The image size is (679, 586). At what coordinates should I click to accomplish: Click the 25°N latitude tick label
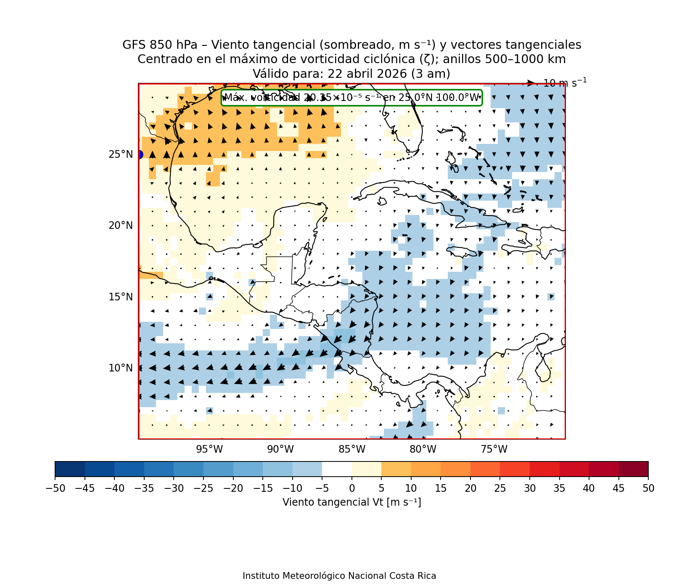pyautogui.click(x=121, y=155)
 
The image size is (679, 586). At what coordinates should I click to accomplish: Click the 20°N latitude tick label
pyautogui.click(x=121, y=226)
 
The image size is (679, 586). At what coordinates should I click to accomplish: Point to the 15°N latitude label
pyautogui.click(x=121, y=297)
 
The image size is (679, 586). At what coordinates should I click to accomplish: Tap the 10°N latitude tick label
pyautogui.click(x=121, y=368)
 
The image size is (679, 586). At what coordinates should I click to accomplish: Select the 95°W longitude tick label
pyautogui.click(x=209, y=450)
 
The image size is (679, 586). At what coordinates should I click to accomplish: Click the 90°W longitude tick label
pyautogui.click(x=280, y=450)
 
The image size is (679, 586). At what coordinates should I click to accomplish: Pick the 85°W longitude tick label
pyautogui.click(x=352, y=450)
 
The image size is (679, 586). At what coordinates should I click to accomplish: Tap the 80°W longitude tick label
pyautogui.click(x=423, y=450)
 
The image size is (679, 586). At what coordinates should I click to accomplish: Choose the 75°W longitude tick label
pyautogui.click(x=494, y=450)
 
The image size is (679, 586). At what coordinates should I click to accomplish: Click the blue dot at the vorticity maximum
pyautogui.click(x=140, y=155)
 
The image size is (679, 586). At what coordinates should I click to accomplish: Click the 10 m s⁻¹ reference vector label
pyautogui.click(x=565, y=83)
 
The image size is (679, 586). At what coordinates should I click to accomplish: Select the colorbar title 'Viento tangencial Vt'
pyautogui.click(x=351, y=502)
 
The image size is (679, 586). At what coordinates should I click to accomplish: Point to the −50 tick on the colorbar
pyautogui.click(x=55, y=488)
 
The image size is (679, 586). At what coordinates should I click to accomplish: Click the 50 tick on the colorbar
pyautogui.click(x=648, y=488)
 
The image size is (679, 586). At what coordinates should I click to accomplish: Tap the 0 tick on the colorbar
pyautogui.click(x=352, y=488)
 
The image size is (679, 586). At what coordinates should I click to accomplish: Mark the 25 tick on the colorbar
pyautogui.click(x=500, y=488)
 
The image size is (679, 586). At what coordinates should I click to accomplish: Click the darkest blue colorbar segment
pyautogui.click(x=70, y=469)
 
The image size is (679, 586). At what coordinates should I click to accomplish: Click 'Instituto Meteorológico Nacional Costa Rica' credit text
pyautogui.click(x=339, y=576)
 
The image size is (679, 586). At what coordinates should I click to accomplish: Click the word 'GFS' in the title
pyautogui.click(x=132, y=45)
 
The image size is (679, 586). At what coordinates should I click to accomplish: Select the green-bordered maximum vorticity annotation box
pyautogui.click(x=351, y=98)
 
